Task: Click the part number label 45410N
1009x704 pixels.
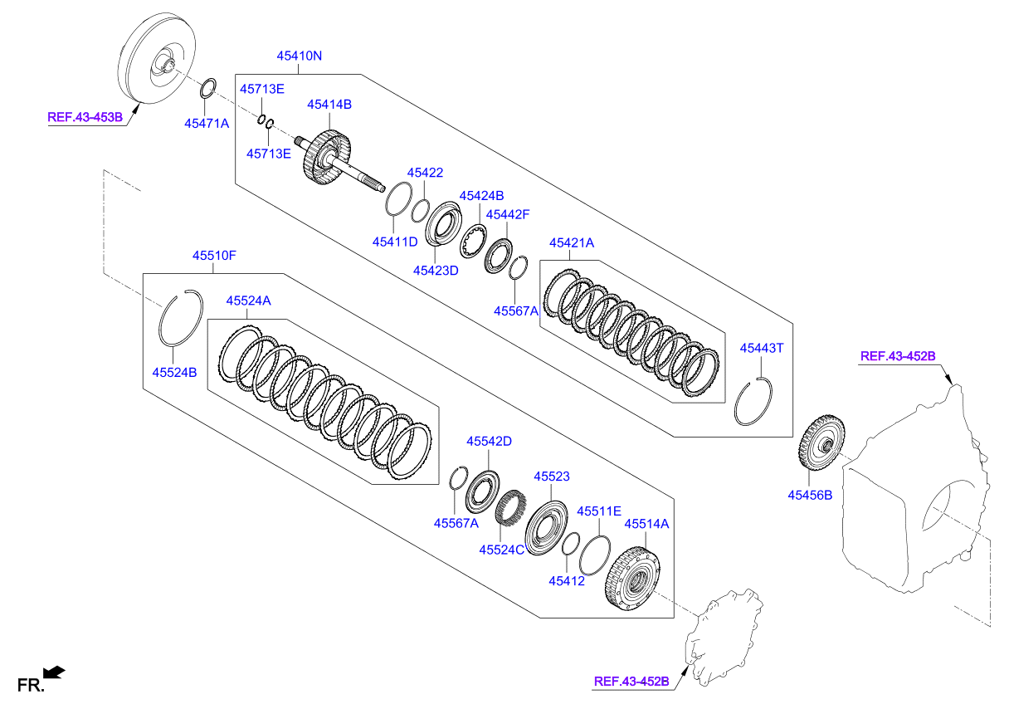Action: click(299, 56)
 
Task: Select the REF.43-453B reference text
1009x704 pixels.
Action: click(85, 118)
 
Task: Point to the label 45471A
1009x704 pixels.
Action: click(207, 123)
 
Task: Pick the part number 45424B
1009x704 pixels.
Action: click(482, 196)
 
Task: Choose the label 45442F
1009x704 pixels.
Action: click(508, 214)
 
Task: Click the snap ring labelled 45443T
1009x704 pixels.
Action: click(754, 402)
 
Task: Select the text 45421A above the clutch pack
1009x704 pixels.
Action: click(572, 243)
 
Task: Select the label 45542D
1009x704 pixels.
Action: click(489, 442)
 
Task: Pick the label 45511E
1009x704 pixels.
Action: click(599, 511)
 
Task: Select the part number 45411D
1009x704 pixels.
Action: click(395, 242)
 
